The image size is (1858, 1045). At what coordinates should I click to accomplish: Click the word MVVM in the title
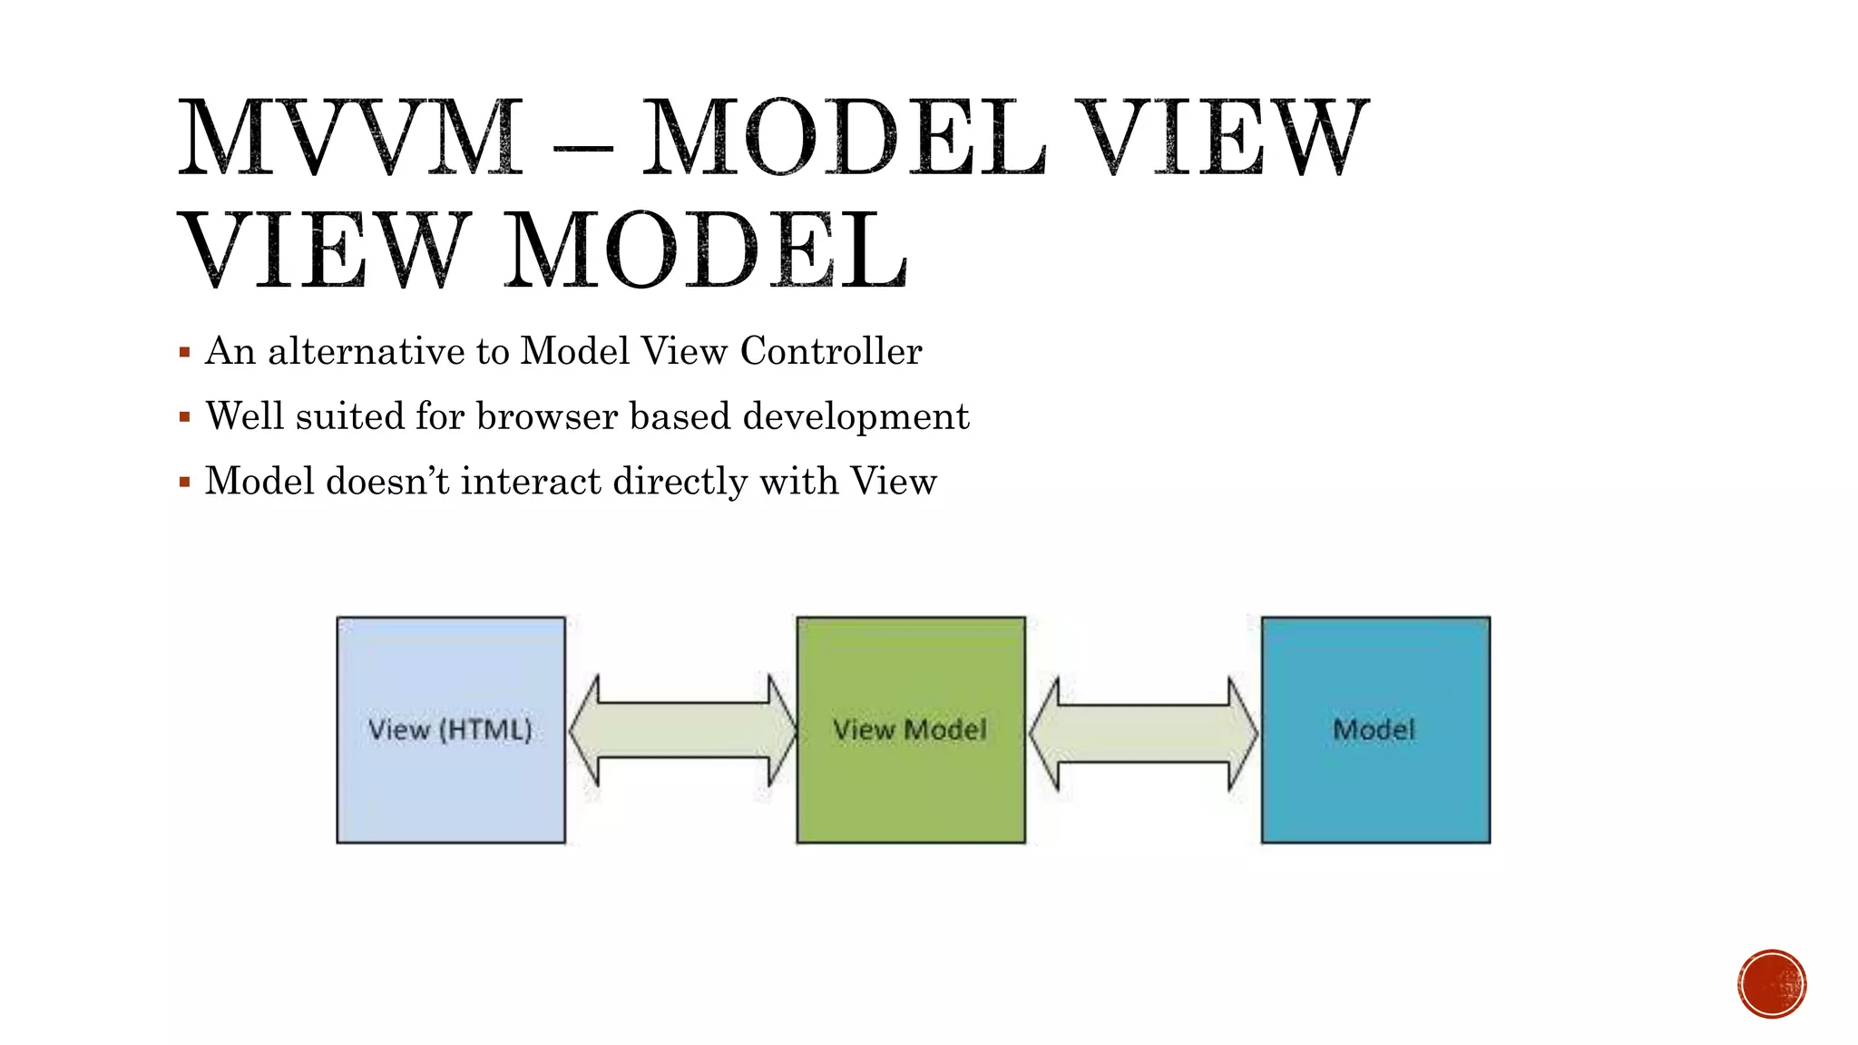tap(350, 138)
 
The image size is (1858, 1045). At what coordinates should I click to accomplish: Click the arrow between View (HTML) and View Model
tap(682, 730)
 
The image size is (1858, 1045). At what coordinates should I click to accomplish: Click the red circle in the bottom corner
tap(1772, 983)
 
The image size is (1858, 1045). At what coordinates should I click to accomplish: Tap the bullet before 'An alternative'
tap(185, 352)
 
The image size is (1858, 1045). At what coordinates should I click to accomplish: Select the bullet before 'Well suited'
tap(185, 417)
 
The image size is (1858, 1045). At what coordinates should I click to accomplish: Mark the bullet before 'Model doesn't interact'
tap(185, 482)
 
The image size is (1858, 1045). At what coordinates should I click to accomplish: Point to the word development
tap(856, 417)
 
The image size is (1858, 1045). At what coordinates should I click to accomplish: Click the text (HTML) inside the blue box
tap(485, 730)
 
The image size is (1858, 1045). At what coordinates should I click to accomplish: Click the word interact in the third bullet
tap(531, 481)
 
